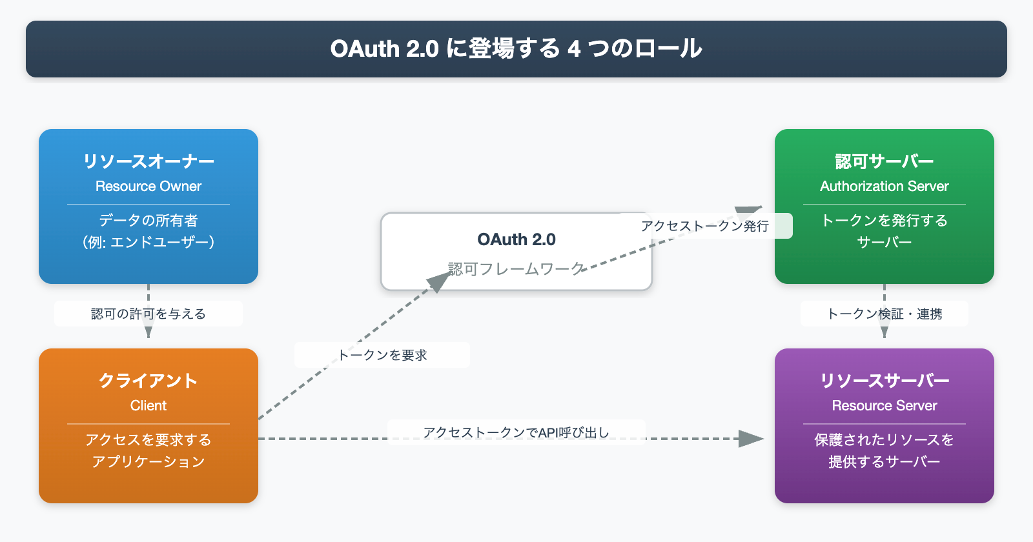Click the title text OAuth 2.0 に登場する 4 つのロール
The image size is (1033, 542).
coord(516,48)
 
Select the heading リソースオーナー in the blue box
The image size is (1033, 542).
coord(148,161)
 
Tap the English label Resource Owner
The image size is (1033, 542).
coord(148,186)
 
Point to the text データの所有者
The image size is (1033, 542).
coord(148,221)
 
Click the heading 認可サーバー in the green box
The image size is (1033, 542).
coord(885,161)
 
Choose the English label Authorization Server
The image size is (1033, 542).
coord(885,186)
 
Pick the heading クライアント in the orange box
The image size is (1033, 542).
coord(148,380)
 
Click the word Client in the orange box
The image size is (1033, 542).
coord(148,406)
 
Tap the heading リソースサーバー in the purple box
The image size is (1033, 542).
coord(885,380)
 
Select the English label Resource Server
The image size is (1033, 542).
coord(885,406)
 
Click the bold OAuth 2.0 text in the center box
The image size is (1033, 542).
coord(516,239)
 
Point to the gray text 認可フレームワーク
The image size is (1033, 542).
coord(516,268)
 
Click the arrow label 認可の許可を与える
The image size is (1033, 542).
coord(148,314)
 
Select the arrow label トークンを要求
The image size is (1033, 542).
coord(382,355)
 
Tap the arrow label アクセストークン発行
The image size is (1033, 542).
coord(705,226)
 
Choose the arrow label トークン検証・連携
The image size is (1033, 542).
coord(885,314)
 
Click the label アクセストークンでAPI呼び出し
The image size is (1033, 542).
coord(516,432)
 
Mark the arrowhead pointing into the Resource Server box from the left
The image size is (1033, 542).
coord(752,439)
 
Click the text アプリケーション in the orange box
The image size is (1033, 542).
coord(148,462)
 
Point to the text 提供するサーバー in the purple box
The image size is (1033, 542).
coord(885,462)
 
